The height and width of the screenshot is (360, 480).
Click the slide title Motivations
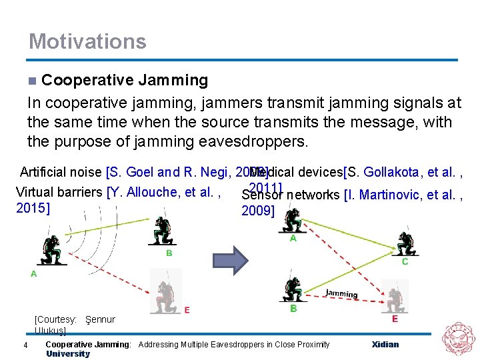coord(87,41)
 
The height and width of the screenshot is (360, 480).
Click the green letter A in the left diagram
coord(33,273)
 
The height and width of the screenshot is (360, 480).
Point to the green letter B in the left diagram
coord(169,253)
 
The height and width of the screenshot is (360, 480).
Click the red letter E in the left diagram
coord(187,309)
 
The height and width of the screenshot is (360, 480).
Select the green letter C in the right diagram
coord(405,262)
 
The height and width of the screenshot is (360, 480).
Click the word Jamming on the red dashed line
coord(341,293)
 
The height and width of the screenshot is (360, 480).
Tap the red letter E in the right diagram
coord(395,319)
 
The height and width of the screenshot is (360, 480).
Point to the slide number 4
coord(25,345)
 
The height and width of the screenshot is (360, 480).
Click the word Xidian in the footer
coord(385,344)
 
